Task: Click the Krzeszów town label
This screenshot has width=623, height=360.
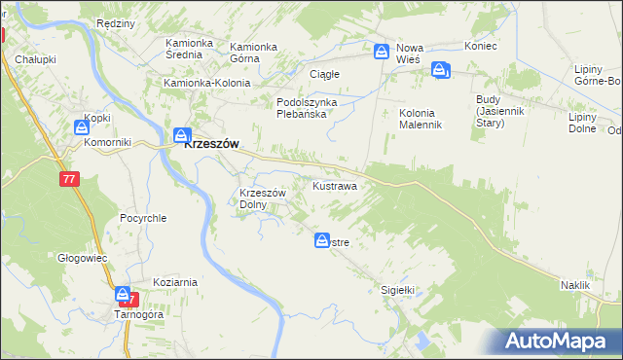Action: [212, 142]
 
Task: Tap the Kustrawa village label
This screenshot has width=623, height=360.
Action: [334, 185]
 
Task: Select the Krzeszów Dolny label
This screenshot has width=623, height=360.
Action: [262, 198]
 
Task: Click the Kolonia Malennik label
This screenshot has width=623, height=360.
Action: [421, 119]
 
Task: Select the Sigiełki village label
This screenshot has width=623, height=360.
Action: [397, 290]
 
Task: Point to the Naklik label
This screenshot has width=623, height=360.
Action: [575, 284]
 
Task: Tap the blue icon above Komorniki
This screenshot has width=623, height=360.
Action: [82, 126]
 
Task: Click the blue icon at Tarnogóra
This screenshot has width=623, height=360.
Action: [123, 294]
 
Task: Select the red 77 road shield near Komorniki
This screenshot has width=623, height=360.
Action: [68, 179]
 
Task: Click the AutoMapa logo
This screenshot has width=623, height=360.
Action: [559, 341]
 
